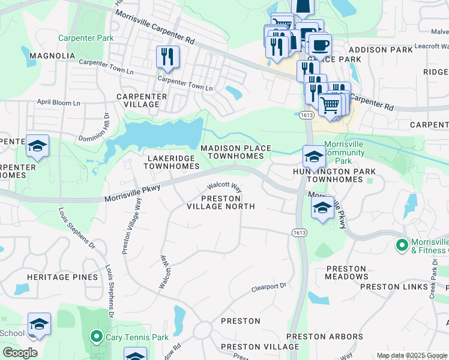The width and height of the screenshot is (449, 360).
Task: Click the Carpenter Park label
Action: click(86, 38)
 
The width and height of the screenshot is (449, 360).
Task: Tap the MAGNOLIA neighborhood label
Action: click(51, 56)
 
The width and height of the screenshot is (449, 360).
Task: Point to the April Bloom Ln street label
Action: click(59, 103)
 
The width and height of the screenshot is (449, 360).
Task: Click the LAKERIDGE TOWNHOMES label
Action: click(173, 162)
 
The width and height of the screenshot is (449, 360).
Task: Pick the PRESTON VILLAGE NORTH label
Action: click(220, 202)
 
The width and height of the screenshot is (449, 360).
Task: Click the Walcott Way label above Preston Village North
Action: click(224, 187)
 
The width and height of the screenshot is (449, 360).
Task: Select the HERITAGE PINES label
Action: click(62, 277)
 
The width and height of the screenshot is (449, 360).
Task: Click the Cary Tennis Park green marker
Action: click(95, 337)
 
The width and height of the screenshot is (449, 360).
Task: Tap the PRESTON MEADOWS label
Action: click(346, 272)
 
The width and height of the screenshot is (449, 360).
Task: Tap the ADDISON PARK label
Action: click(376, 50)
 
